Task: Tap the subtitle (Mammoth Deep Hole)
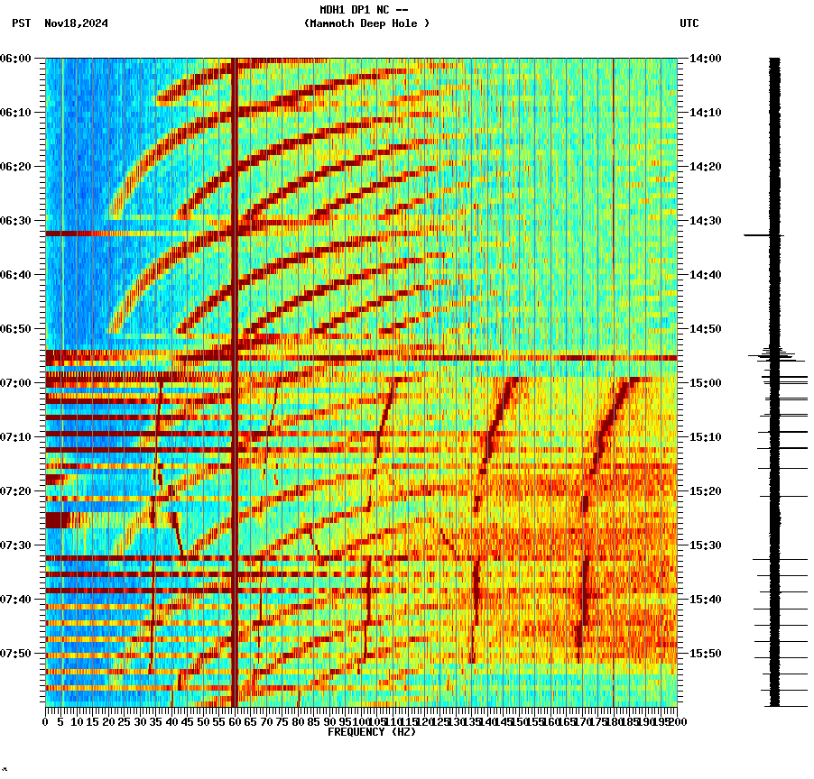[366, 23]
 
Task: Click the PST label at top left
[22, 23]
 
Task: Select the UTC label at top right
[689, 23]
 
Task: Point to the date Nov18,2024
[76, 23]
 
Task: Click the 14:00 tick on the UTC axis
[705, 59]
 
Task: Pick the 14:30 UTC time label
[705, 221]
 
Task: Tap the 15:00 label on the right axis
[705, 383]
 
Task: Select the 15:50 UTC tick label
[705, 654]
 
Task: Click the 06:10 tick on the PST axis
[16, 113]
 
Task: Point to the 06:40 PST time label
[16, 275]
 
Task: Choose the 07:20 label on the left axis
[16, 491]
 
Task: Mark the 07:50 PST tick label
[16, 654]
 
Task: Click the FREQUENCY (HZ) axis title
[371, 732]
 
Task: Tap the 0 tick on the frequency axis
[46, 722]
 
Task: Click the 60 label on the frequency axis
[235, 722]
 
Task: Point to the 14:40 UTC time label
[705, 275]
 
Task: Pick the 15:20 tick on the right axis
[705, 491]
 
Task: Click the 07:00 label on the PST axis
[16, 383]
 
